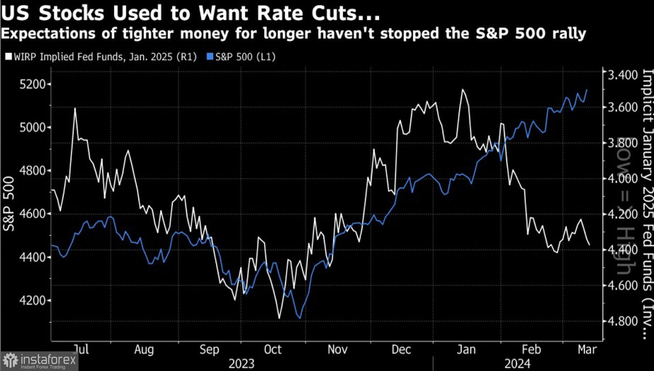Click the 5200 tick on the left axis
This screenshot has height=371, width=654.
(x=33, y=84)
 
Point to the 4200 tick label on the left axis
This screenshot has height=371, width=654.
(x=33, y=301)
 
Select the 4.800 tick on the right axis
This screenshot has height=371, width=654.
(x=623, y=321)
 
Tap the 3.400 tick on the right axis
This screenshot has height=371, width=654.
(x=623, y=75)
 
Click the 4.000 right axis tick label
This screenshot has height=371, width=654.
(x=623, y=178)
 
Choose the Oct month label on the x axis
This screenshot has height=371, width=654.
(x=273, y=350)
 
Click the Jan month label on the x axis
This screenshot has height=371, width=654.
(x=466, y=350)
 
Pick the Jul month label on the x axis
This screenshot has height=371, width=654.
(x=81, y=350)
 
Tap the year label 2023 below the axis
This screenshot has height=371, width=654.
(x=242, y=364)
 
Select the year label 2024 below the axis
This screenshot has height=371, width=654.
(x=518, y=364)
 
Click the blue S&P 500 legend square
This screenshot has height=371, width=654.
(x=210, y=57)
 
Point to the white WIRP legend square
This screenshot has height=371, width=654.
(x=9, y=57)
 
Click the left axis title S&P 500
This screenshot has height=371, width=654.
(x=9, y=204)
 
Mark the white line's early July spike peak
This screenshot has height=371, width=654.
(x=75, y=108)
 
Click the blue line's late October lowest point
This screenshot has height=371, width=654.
(x=300, y=318)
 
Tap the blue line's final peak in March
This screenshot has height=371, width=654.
(x=587, y=90)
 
